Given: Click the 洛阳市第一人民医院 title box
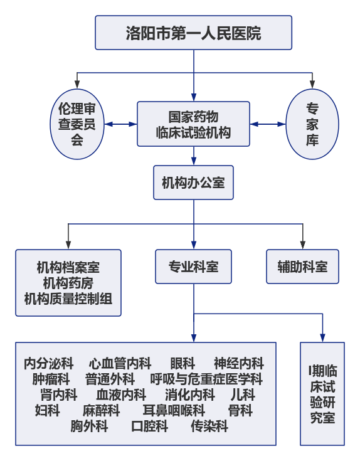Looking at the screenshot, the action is [x=193, y=33].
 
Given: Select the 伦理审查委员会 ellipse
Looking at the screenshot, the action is [x=77, y=124].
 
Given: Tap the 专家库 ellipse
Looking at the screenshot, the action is [x=312, y=124].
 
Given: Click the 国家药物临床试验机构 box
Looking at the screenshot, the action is [x=193, y=124].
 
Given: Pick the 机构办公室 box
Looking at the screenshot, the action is [x=193, y=183].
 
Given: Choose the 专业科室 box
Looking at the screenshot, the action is [x=193, y=267].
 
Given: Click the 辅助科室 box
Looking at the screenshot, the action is [x=302, y=267].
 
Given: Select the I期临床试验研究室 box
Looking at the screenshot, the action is [x=322, y=394].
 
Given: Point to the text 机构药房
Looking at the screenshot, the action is [x=68, y=283].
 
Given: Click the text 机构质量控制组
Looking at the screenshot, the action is [x=68, y=299].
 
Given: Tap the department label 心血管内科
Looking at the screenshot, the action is [x=120, y=363].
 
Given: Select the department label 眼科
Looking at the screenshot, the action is [x=183, y=363].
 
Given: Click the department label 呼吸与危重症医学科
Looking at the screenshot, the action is [x=206, y=379].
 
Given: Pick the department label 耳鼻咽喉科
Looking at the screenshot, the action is [x=174, y=410].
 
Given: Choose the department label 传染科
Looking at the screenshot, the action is [x=209, y=426].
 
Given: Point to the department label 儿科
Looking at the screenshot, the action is [x=243, y=395].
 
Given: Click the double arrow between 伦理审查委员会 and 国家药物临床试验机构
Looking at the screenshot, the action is [x=121, y=124].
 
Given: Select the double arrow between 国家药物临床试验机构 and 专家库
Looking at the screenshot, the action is [x=268, y=124].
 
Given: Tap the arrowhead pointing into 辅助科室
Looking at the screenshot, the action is [x=303, y=245].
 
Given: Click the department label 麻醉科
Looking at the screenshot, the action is [x=101, y=410].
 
